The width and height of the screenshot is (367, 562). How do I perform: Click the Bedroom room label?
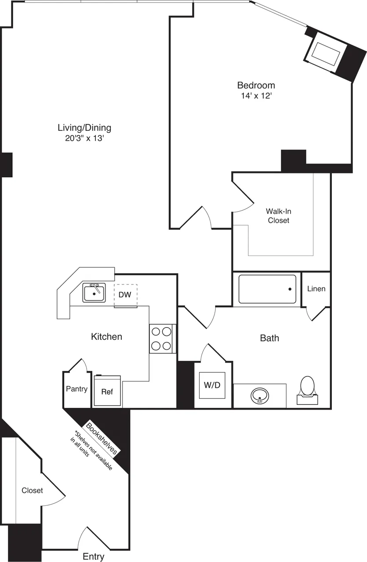tap(256, 85)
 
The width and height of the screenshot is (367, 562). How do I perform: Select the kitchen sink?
tap(94, 293)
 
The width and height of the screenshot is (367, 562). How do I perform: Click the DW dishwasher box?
tap(125, 295)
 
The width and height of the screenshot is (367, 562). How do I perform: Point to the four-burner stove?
tap(161, 339)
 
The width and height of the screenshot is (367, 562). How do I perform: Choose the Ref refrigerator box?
tap(107, 391)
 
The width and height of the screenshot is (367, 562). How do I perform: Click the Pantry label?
tap(76, 389)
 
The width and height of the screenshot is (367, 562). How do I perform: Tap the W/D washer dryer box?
tap(212, 385)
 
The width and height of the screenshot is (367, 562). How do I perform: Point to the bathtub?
tap(267, 289)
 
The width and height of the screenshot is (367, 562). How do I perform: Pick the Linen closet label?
tap(316, 289)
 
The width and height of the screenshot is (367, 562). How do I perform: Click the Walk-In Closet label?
tap(279, 216)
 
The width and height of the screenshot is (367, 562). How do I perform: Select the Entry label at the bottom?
tap(94, 557)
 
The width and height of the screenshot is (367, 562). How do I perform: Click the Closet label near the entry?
tap(33, 490)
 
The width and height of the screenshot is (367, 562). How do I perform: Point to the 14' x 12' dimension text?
tap(256, 95)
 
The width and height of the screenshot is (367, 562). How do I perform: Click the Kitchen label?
tap(106, 337)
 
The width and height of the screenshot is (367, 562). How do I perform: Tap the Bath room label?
tap(269, 338)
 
